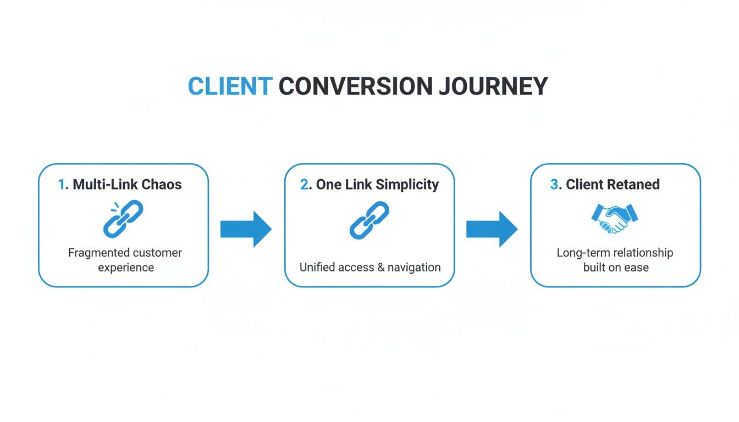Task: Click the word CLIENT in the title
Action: [x=230, y=87]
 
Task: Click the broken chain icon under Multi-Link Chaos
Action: [x=123, y=219]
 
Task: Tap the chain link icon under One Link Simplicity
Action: [x=369, y=220]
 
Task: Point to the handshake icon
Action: [x=615, y=218]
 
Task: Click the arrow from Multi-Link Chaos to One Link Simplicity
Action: [x=246, y=229]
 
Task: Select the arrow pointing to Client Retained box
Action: [x=492, y=229]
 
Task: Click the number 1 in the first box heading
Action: [x=62, y=185]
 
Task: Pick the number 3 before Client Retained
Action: [x=554, y=185]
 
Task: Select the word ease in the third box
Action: [x=637, y=268]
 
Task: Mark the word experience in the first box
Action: [x=126, y=268]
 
